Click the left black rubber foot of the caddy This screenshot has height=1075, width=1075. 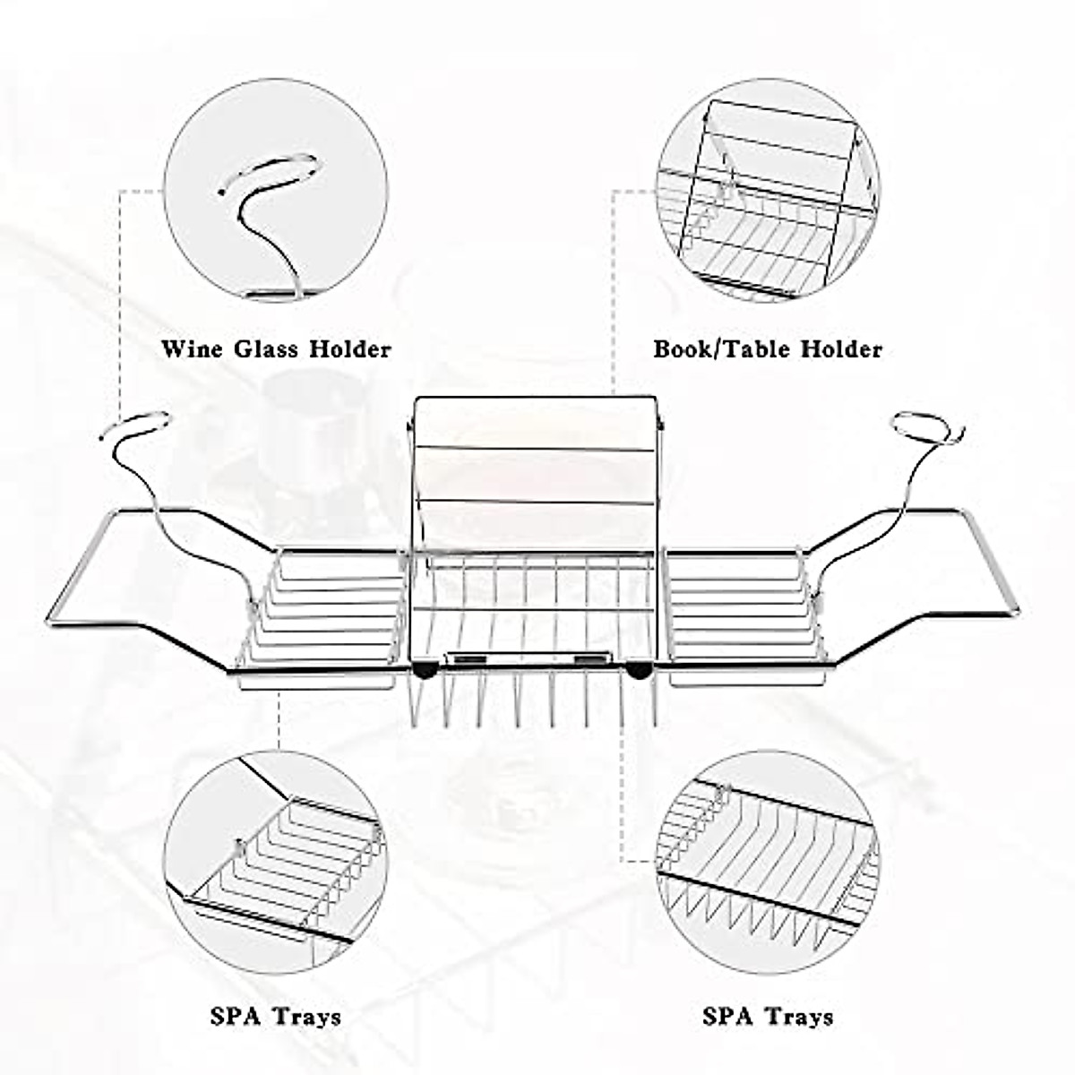426,668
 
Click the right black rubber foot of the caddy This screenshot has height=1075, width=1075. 640,668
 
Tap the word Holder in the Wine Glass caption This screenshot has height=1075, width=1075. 350,348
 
